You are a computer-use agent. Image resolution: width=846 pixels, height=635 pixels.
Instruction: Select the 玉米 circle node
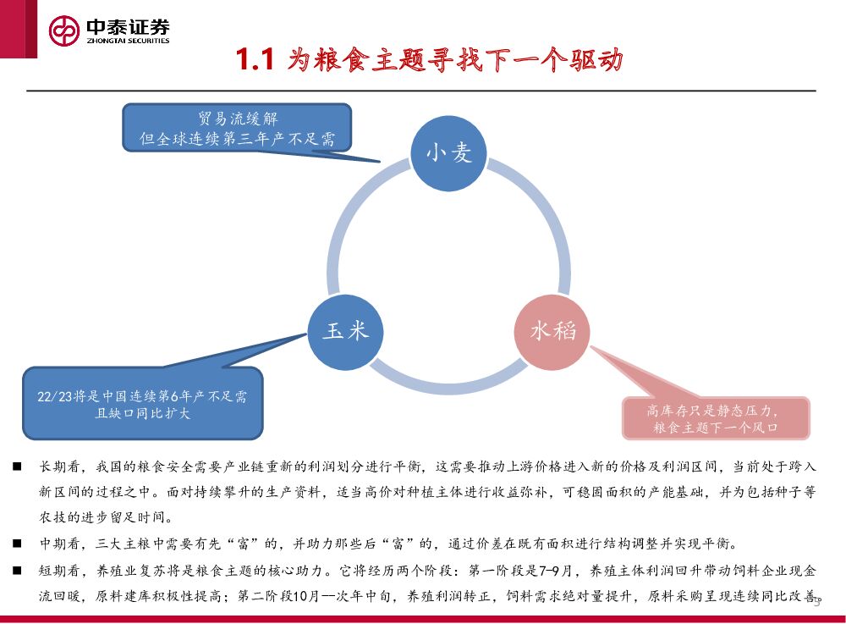[345, 330]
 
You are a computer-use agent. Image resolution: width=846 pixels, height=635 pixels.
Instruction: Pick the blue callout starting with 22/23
[142, 405]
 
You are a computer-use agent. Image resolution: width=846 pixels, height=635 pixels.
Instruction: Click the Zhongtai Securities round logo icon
[63, 31]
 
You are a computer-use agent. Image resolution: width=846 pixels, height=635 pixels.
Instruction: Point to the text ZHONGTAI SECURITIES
[128, 41]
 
